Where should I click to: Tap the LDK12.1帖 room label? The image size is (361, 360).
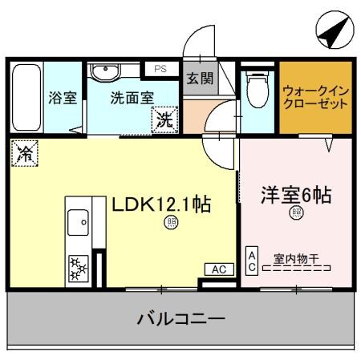coord(160,204)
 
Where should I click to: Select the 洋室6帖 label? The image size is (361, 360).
coord(296,195)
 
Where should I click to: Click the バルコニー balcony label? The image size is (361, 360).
coord(180,318)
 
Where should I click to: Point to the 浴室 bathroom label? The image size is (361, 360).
coord(62,99)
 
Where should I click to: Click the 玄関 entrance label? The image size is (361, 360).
coord(200,79)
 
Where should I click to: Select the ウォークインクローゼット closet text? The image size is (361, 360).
coord(315,97)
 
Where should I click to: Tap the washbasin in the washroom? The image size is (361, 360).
coord(103,74)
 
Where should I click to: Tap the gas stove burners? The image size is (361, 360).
coord(79,269)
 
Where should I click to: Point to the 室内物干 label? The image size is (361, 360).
coord(296,258)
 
